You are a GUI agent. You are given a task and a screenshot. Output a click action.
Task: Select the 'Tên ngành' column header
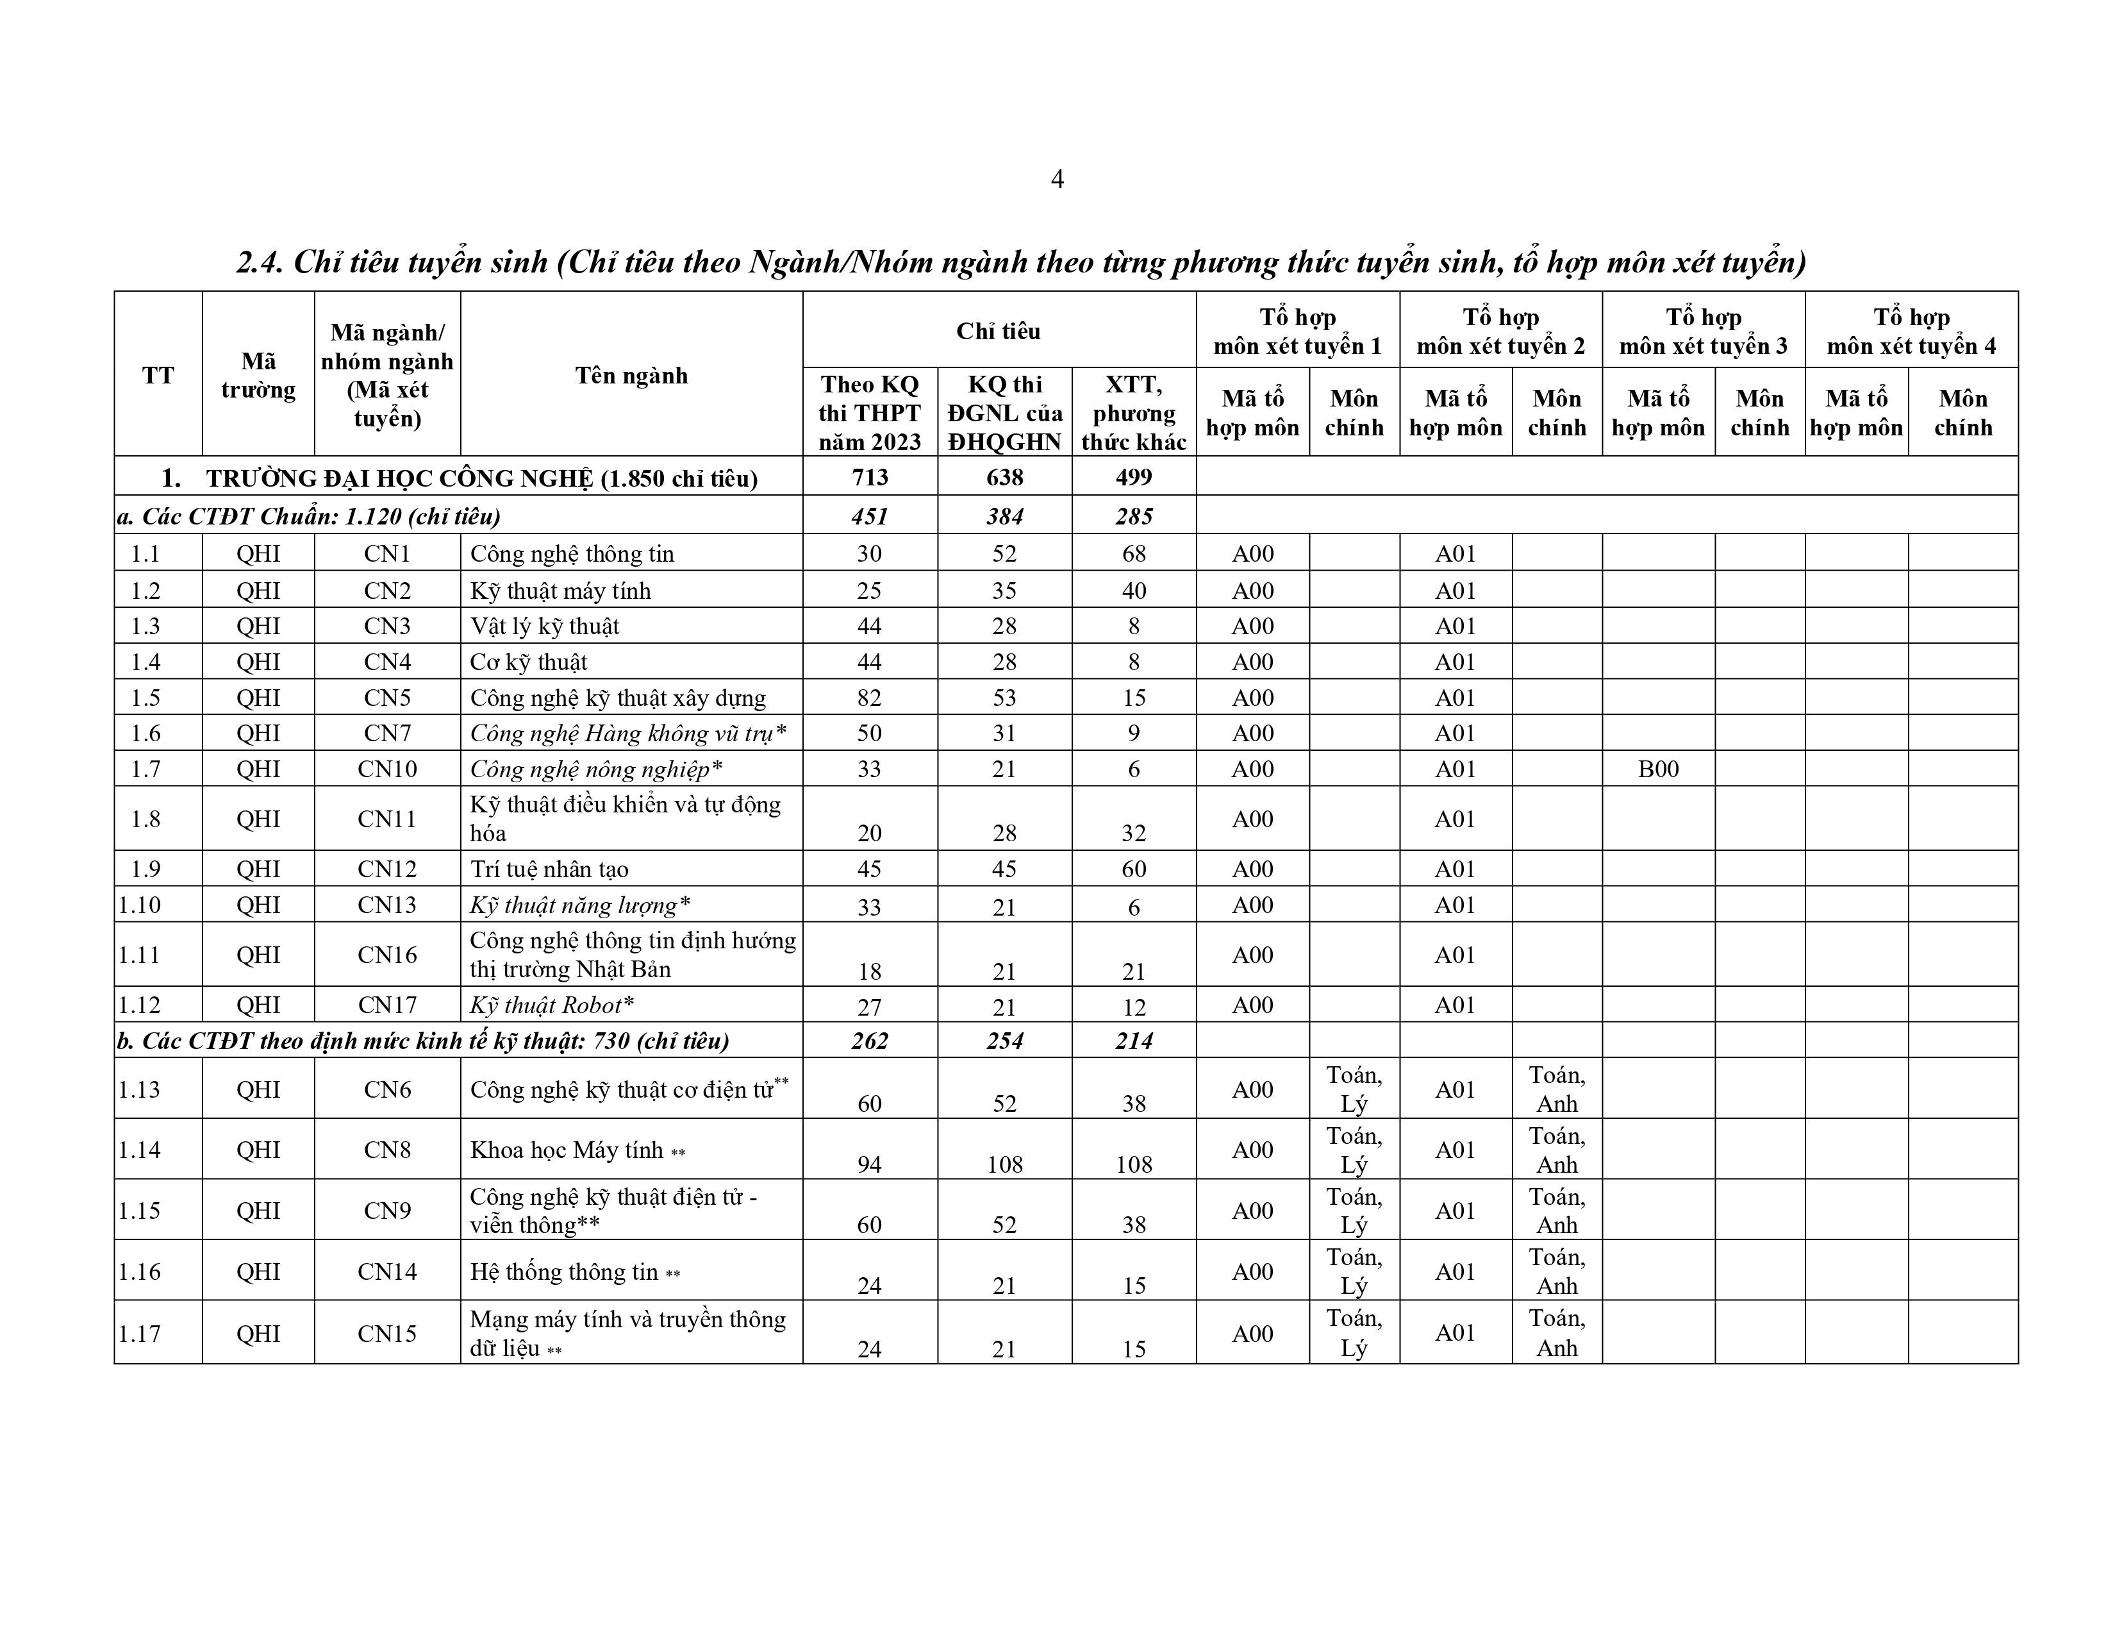[631, 375]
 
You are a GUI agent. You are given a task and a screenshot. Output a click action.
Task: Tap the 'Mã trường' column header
[258, 375]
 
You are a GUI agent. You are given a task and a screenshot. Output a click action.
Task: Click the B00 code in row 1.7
[1658, 769]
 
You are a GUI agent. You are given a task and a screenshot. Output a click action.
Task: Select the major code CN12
[387, 869]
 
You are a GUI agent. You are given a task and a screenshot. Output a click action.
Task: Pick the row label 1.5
[145, 698]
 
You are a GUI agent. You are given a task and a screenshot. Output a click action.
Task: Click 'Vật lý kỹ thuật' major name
[544, 626]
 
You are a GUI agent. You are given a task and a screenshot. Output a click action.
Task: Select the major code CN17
[387, 1005]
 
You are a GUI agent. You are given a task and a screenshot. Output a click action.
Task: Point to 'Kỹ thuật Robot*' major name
[552, 1005]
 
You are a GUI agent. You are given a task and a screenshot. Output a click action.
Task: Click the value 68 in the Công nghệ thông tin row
[1133, 553]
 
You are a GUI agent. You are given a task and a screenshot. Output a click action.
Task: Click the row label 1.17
[140, 1333]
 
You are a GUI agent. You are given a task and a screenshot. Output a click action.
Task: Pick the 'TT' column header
[158, 375]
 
